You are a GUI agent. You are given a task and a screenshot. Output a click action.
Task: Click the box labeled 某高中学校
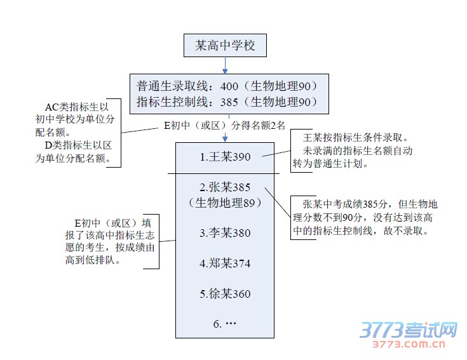point(225,45)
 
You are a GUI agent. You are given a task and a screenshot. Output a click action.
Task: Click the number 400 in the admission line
point(229,86)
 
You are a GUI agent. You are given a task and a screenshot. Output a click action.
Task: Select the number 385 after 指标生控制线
point(229,102)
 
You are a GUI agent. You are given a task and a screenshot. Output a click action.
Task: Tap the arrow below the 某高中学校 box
point(225,65)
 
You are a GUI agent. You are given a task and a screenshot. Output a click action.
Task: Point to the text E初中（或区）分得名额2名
point(224,126)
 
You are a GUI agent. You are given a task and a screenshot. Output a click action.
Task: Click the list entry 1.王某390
point(225,157)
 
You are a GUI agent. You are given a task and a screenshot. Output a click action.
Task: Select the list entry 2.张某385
point(225,187)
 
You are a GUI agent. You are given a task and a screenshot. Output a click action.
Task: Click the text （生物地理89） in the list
point(225,203)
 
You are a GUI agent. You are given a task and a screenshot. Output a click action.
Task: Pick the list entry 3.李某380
point(225,232)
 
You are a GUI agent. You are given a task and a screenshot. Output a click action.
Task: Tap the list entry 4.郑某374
point(225,263)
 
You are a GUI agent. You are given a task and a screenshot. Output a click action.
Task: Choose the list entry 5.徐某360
point(225,294)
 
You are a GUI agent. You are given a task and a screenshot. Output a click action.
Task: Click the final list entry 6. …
point(224,324)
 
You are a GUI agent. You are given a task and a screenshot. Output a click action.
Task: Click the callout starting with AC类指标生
point(75,133)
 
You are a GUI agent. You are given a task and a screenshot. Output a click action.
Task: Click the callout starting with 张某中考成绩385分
point(365,218)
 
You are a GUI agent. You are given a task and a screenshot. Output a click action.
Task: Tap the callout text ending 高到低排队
point(109,241)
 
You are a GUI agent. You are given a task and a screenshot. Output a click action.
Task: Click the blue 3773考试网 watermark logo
point(409,330)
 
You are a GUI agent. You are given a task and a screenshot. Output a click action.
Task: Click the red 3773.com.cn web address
point(409,344)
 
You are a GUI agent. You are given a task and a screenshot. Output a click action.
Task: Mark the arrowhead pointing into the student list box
point(225,138)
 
